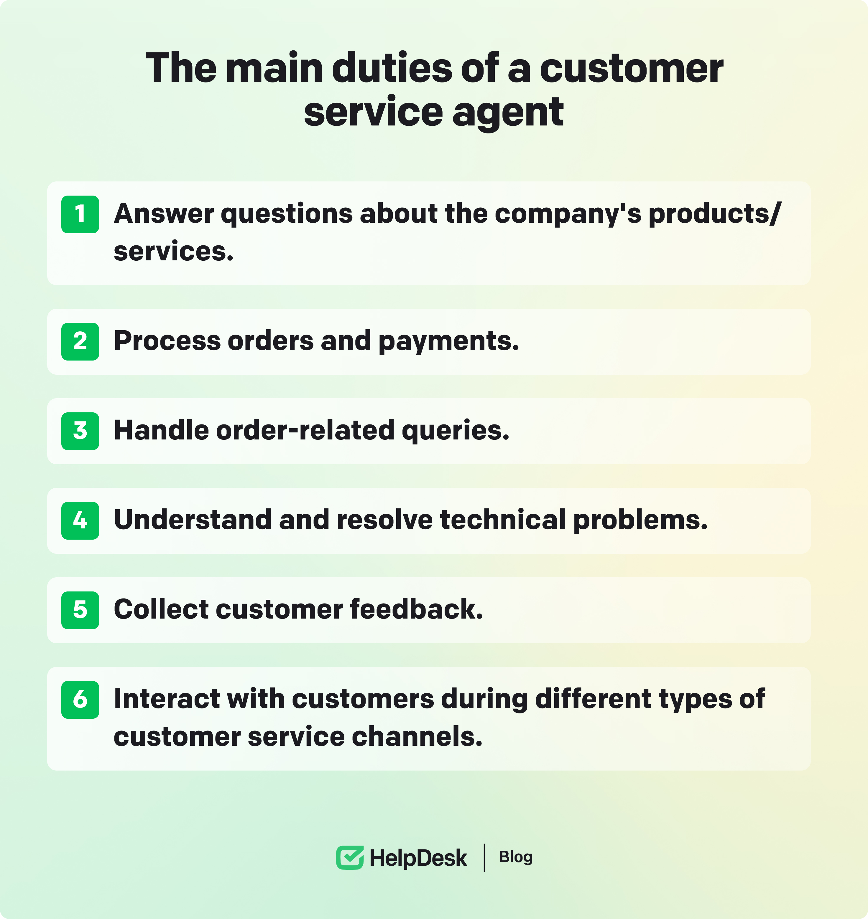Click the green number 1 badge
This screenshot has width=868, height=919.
point(80,214)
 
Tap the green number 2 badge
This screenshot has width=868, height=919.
point(80,342)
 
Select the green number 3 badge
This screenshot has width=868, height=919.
point(80,431)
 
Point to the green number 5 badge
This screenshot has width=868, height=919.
point(80,610)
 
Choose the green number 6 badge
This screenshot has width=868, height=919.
point(80,700)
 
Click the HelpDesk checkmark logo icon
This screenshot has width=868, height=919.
point(350,857)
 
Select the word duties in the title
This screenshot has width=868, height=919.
point(392,68)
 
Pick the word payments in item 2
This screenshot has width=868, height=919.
point(449,342)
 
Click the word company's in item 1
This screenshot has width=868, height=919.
point(568,214)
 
